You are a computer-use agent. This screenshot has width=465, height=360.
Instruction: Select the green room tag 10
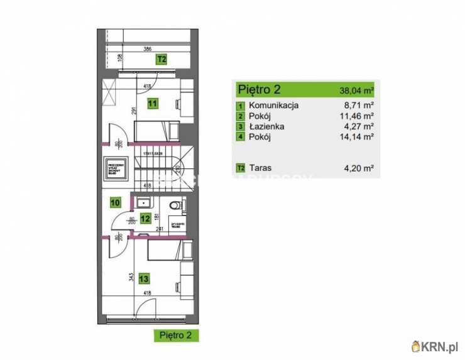(x=115, y=202)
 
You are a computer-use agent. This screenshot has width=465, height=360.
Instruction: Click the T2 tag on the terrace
(x=161, y=60)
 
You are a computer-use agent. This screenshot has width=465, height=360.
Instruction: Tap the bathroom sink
(x=143, y=202)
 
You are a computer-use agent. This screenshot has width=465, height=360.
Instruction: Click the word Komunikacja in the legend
(x=274, y=106)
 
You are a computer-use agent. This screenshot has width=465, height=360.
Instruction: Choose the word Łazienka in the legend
(x=266, y=126)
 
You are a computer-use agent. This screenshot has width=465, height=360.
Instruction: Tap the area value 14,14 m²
(x=359, y=137)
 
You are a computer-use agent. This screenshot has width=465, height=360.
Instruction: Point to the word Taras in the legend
(x=260, y=168)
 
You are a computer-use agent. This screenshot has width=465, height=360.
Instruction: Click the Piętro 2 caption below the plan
(x=176, y=335)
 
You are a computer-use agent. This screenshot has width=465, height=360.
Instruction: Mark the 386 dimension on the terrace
(x=147, y=48)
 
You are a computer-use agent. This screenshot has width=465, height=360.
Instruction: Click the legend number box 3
(x=240, y=127)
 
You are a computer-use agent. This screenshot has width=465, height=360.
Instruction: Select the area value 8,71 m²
(x=361, y=106)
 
